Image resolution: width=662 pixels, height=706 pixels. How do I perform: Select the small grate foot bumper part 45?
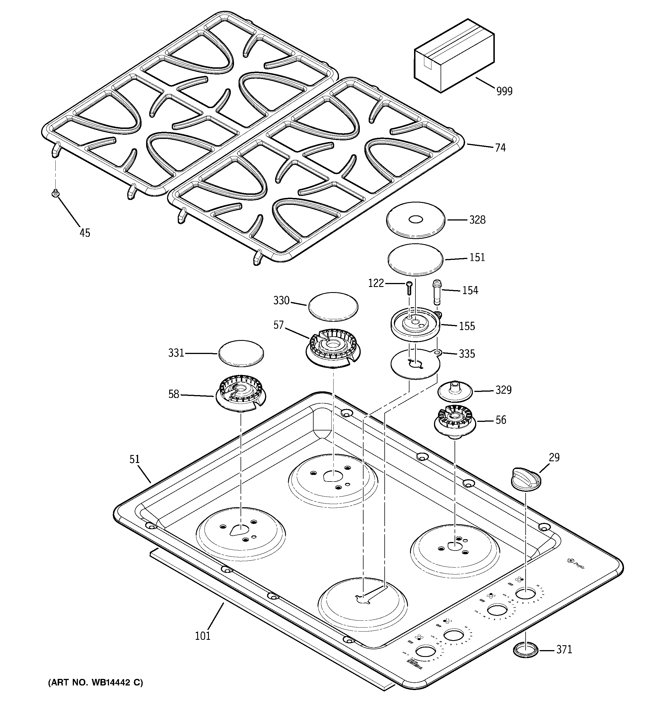click(x=55, y=193)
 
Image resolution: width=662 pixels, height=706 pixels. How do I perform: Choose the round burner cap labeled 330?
click(x=333, y=306)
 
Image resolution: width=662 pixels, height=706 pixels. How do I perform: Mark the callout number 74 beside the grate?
click(x=500, y=147)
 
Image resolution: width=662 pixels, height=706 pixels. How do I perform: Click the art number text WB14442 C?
click(x=95, y=682)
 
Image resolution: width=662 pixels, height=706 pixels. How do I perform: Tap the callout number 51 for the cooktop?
click(x=134, y=459)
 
